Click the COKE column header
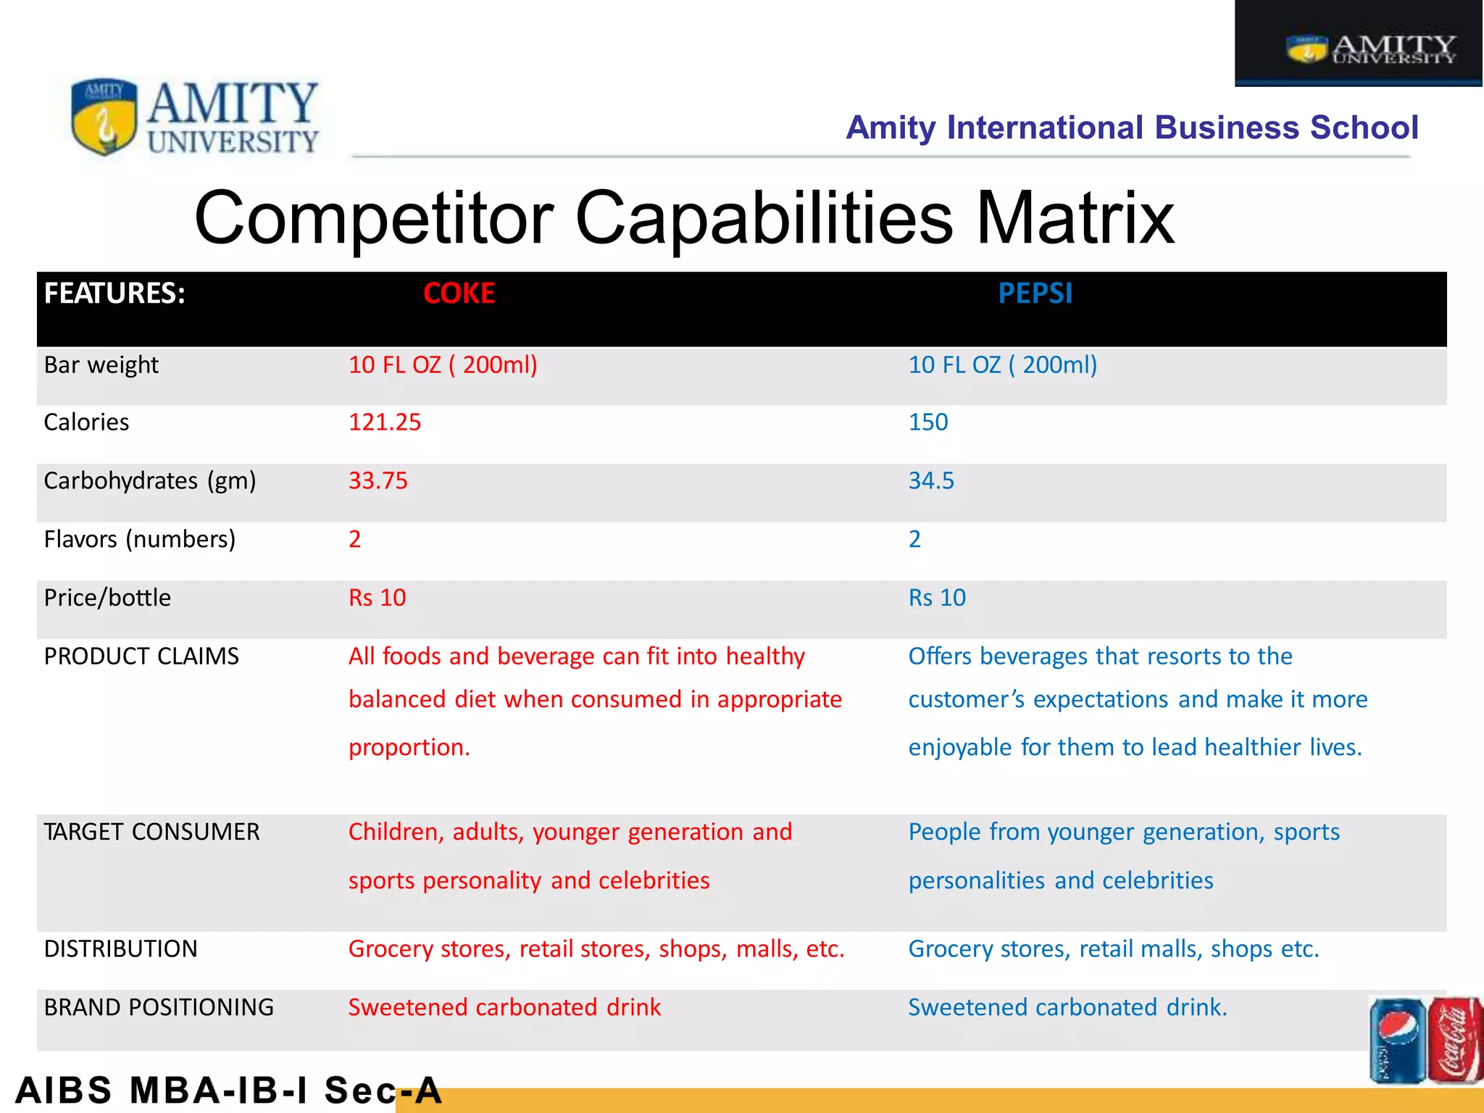[x=459, y=293]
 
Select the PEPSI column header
[x=1035, y=293]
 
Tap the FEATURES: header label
[x=114, y=293]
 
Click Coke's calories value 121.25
[x=385, y=422]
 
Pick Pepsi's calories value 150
[x=928, y=422]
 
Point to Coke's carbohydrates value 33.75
[x=378, y=481]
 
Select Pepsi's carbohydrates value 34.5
[x=931, y=481]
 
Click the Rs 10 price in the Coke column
[x=377, y=598]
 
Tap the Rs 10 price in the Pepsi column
[x=937, y=598]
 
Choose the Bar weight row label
[x=101, y=365]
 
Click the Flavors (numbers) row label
[x=140, y=540]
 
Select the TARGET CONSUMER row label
[x=151, y=832]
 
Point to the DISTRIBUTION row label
[x=120, y=949]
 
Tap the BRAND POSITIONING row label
[x=159, y=1008]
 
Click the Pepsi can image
[x=1397, y=1041]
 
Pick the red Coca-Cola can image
[x=1455, y=1041]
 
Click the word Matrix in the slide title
[x=1075, y=218]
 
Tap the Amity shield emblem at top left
[x=104, y=117]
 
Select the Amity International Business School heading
[x=1132, y=128]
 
